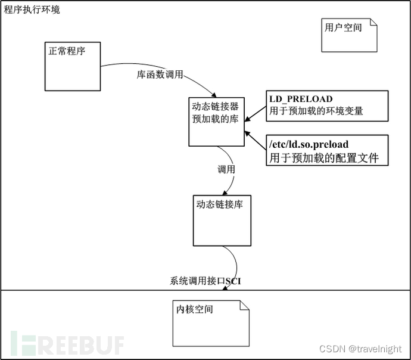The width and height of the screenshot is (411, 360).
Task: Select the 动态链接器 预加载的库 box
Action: coord(216,121)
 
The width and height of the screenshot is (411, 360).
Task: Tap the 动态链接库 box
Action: coord(219,220)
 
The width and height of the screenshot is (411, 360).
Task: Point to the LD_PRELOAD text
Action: coord(301,99)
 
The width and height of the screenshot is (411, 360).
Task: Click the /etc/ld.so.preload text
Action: coord(309,145)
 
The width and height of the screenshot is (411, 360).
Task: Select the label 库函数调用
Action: coord(160,75)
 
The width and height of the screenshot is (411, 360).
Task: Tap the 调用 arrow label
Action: coord(226,169)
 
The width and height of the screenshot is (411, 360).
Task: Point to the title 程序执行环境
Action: coord(32,10)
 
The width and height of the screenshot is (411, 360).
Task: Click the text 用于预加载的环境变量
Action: coord(316,110)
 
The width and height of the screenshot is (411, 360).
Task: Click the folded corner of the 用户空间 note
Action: coord(373,23)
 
